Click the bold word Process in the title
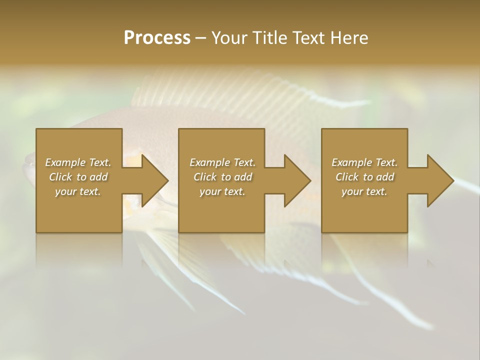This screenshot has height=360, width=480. (157, 38)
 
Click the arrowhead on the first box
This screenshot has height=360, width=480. (152, 180)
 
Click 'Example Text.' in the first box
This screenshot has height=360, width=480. (78, 162)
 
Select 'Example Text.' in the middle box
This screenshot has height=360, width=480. (222, 162)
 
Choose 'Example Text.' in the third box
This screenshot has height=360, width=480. (364, 162)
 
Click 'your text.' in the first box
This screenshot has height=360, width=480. (78, 191)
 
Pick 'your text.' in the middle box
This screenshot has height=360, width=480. (222, 191)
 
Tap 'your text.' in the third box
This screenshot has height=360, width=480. (364, 191)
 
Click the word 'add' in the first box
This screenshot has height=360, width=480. (99, 177)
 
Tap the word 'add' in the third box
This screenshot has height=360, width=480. (385, 177)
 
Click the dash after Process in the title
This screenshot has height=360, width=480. (201, 38)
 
